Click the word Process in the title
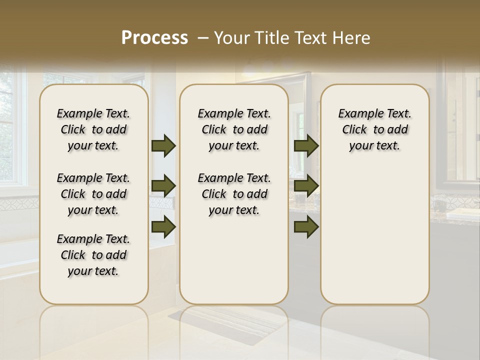click(x=154, y=38)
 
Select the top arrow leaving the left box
click(x=163, y=145)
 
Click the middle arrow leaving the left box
click(x=163, y=186)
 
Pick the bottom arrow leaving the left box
click(x=163, y=226)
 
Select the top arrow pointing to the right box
click(x=306, y=145)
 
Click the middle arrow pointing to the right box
click(x=306, y=186)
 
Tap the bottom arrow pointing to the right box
click(x=306, y=226)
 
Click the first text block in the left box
click(x=93, y=129)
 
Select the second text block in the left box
click(x=93, y=194)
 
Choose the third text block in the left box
click(x=93, y=255)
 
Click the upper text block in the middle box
click(x=234, y=129)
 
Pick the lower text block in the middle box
click(x=234, y=194)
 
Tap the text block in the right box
click(x=374, y=129)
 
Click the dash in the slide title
click(x=203, y=38)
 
